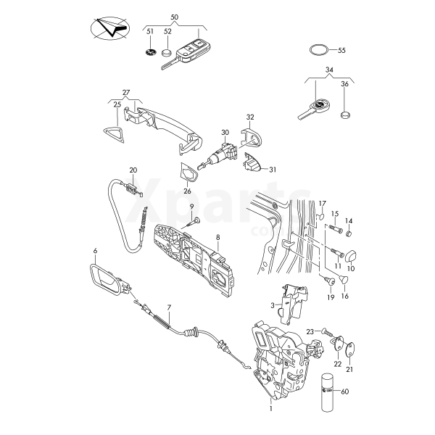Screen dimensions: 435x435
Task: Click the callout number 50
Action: click(173, 17)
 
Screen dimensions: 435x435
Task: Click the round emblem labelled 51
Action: click(150, 54)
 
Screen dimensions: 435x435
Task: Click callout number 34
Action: click(329, 70)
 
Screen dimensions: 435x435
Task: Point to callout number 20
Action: click(133, 170)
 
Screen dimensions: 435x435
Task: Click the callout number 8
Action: click(217, 236)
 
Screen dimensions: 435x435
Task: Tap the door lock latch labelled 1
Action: click(279, 355)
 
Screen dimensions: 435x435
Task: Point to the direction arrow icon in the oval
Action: click(108, 30)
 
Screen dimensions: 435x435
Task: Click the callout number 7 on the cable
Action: click(169, 307)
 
